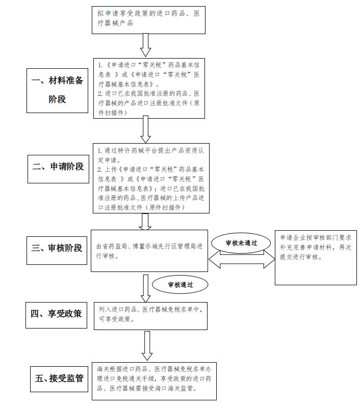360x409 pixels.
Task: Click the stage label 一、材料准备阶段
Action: pyautogui.click(x=57, y=91)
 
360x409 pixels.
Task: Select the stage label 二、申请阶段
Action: pyautogui.click(x=58, y=169)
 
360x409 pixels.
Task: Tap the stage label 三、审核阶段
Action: pyautogui.click(x=57, y=251)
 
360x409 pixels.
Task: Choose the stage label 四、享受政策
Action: pyautogui.click(x=56, y=315)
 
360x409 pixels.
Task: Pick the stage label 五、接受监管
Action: pyautogui.click(x=59, y=379)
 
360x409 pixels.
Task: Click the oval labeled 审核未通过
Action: pyautogui.click(x=241, y=243)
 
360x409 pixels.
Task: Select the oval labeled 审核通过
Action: pyautogui.click(x=180, y=285)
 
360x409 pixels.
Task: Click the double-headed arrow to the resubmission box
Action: pyautogui.click(x=242, y=259)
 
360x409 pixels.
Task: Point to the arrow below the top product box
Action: pyautogui.click(x=146, y=45)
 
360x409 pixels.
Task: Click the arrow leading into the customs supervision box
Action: pyautogui.click(x=147, y=346)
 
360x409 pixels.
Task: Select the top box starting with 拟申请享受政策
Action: pyautogui.click(x=148, y=20)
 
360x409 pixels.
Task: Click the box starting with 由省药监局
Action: pyautogui.click(x=149, y=251)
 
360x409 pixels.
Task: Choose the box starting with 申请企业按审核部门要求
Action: pyautogui.click(x=316, y=257)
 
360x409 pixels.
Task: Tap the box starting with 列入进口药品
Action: pyautogui.click(x=150, y=316)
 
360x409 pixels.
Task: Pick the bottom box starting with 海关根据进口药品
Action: pyautogui.click(x=154, y=381)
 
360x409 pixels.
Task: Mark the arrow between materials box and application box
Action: pyautogui.click(x=146, y=129)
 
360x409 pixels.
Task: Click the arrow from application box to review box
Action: pyautogui.click(x=145, y=222)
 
